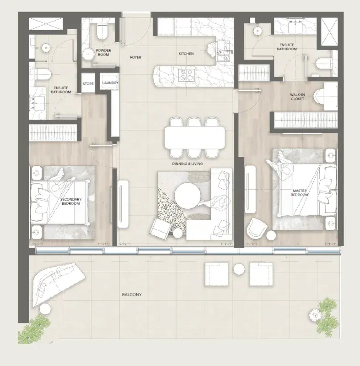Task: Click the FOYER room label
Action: pos(136,57)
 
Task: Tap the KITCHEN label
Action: pos(186,54)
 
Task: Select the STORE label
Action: pos(88,84)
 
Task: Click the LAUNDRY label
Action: pos(110,83)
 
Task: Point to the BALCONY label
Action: pos(132,294)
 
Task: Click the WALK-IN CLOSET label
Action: pos(297,96)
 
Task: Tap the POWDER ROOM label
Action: pos(104,52)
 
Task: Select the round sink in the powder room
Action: pos(88,54)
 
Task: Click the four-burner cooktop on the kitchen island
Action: pos(186,74)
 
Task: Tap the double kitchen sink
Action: pos(223,51)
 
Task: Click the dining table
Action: pos(195,137)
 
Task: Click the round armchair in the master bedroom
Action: pos(257,227)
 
